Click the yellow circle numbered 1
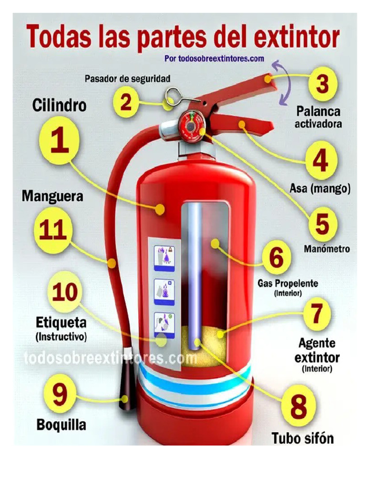(59, 140)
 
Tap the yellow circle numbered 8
(298, 405)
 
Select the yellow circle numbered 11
(52, 230)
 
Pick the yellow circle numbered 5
(322, 224)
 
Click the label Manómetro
(327, 248)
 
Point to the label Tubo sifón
(303, 438)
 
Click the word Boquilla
(61, 425)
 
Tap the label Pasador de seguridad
(128, 78)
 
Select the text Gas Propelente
(288, 283)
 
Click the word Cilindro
(60, 105)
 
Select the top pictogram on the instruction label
(164, 257)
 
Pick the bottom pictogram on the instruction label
(164, 325)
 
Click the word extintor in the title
(297, 38)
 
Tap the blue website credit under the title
(214, 58)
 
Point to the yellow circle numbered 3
(323, 84)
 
